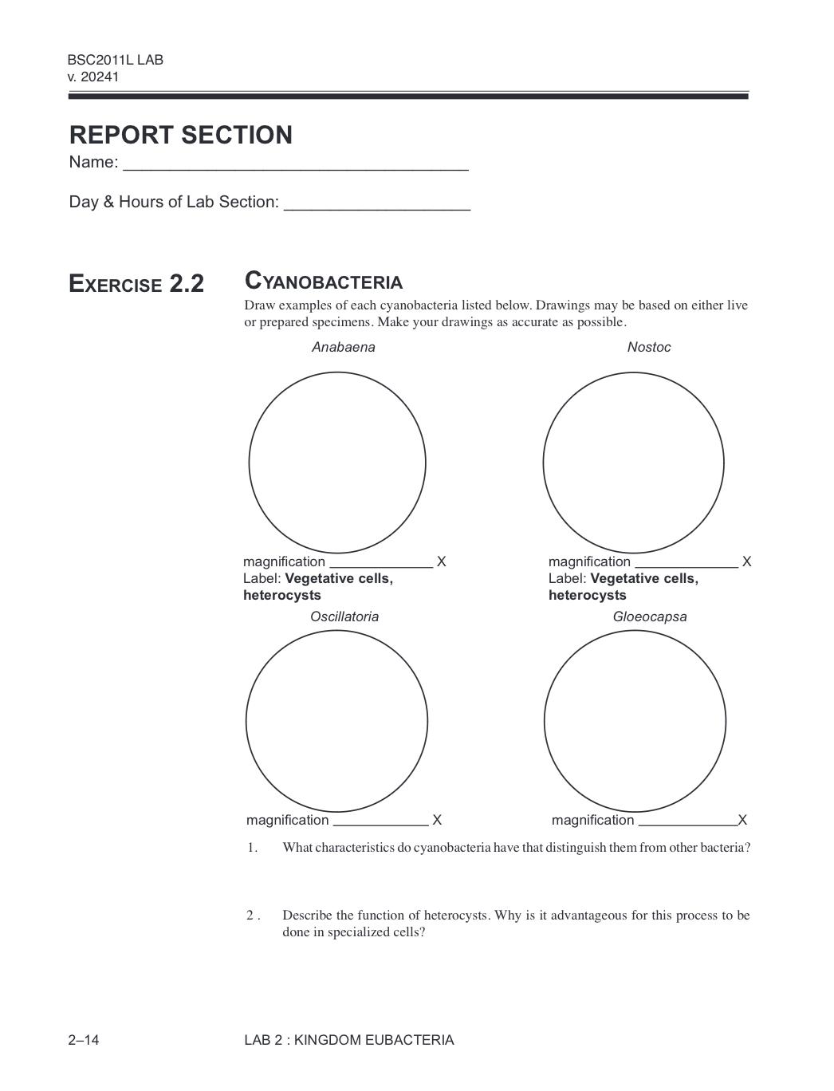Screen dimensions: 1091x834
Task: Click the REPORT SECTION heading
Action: coord(180,135)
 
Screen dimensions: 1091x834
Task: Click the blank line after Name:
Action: coord(295,163)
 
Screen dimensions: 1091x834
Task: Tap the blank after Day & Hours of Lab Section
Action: coord(376,203)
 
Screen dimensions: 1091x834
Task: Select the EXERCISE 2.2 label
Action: coord(136,284)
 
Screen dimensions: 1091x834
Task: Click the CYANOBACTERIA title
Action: coord(323,282)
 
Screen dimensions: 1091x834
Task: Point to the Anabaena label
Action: coord(343,347)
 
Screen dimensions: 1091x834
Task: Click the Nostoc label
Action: coord(648,347)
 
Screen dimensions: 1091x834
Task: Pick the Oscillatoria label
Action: coord(344,616)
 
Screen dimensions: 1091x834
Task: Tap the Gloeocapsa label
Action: coord(649,616)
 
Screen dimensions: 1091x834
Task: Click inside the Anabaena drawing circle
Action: coord(337,463)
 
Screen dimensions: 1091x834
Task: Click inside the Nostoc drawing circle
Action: coord(633,463)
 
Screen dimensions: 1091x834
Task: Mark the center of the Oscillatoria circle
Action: coord(336,721)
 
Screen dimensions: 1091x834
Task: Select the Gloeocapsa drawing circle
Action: coord(635,721)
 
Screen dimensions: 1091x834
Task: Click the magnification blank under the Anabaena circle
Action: coord(380,562)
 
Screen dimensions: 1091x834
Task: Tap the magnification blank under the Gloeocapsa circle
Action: coord(686,821)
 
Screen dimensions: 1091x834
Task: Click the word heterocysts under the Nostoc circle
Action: coord(587,596)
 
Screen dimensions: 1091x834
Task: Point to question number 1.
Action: coord(252,848)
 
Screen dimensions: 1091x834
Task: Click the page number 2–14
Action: coord(84,1040)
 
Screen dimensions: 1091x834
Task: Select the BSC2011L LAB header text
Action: coord(116,60)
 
